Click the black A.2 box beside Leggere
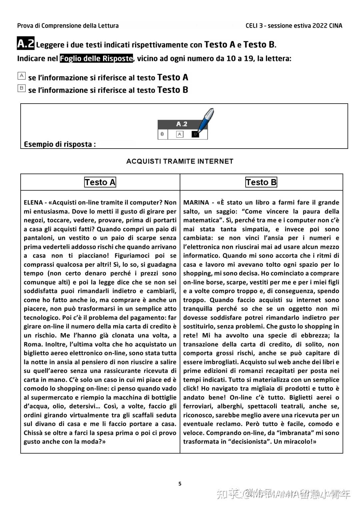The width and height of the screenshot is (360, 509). (26, 44)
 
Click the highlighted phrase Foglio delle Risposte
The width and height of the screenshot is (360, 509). (96, 58)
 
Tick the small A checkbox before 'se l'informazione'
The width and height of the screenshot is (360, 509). (21, 76)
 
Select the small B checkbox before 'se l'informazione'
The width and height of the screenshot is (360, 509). (21, 88)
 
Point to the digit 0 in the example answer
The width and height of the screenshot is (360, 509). (162, 134)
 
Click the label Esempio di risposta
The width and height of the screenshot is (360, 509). (60, 144)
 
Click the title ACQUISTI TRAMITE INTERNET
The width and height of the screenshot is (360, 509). (180, 161)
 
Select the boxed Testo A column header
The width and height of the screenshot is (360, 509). (100, 182)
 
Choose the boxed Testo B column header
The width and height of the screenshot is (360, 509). (261, 182)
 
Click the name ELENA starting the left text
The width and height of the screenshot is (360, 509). (33, 203)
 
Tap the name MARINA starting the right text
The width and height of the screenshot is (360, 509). (196, 203)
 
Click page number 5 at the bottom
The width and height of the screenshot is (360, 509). (180, 484)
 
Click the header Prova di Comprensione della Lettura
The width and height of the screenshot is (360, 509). (68, 26)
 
